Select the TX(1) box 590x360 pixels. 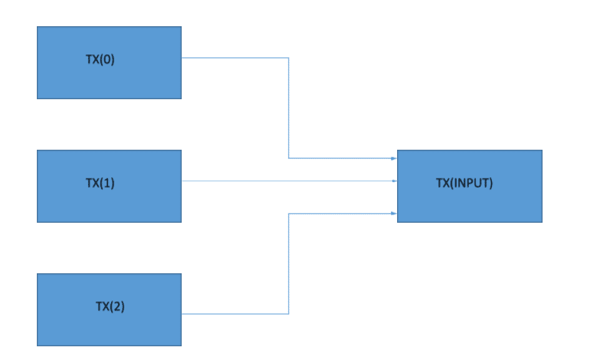[x=109, y=203]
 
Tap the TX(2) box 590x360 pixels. [x=109, y=328]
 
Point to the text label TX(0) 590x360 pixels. [x=100, y=61]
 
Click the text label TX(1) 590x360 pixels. [x=100, y=183]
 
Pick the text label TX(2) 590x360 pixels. [x=110, y=307]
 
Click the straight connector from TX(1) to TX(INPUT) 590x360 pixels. [x=287, y=181]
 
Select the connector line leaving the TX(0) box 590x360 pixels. [x=234, y=58]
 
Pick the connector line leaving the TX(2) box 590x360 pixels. [x=234, y=313]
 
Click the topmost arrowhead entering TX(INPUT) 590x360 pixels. [x=394, y=158]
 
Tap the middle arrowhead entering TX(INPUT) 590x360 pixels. [x=394, y=181]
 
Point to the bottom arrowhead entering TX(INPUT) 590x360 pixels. [x=394, y=213]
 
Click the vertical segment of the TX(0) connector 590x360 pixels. [x=288, y=109]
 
